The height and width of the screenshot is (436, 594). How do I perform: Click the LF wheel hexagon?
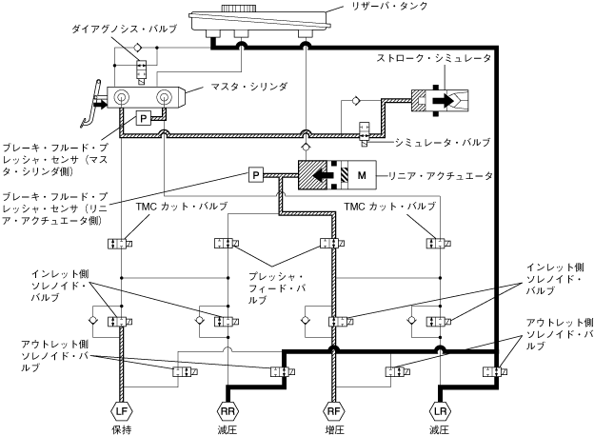[121, 411]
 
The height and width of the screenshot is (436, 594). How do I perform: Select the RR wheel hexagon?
[228, 411]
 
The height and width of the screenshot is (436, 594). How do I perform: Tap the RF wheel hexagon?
[334, 411]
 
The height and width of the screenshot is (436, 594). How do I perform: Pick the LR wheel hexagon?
[440, 411]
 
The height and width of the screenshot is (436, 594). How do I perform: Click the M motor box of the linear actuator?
[362, 175]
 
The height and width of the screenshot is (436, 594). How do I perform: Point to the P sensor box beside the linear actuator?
[256, 175]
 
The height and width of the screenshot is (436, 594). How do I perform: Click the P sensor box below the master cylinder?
[143, 119]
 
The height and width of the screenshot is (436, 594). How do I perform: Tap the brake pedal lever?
[92, 103]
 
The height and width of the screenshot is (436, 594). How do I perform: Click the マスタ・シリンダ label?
[248, 87]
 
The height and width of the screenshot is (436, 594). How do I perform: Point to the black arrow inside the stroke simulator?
[443, 100]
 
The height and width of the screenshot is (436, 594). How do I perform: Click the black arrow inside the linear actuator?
[323, 175]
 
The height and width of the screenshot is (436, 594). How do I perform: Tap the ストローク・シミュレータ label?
[433, 58]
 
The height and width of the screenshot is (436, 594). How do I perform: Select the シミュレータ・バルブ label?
[443, 143]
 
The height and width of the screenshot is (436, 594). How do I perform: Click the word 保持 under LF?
[121, 430]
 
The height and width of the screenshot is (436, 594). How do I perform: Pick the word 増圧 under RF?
[334, 430]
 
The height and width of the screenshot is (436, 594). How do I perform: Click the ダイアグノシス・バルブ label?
[125, 29]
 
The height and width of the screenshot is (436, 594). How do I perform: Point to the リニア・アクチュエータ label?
[440, 176]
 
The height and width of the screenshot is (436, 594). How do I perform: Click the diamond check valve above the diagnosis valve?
[137, 48]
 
